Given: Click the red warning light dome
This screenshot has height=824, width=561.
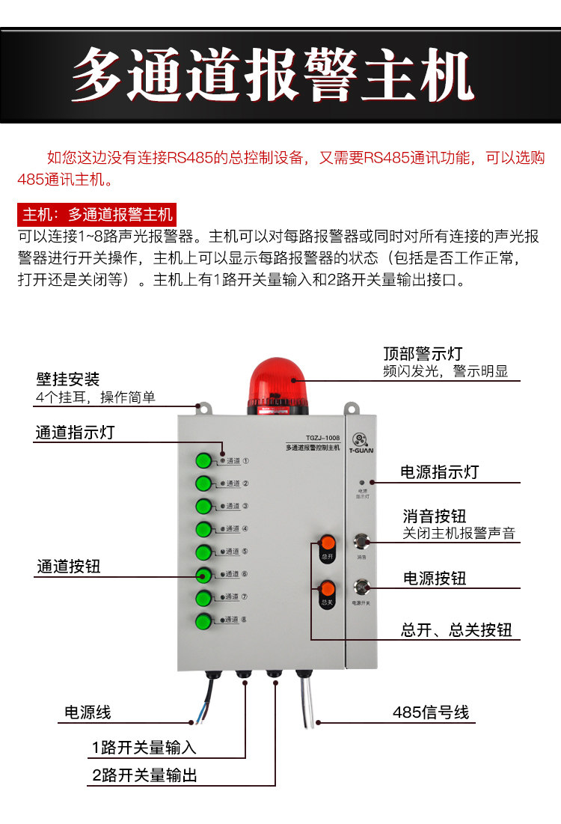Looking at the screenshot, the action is tap(278, 380).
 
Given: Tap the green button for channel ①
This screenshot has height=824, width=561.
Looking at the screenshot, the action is tap(203, 461).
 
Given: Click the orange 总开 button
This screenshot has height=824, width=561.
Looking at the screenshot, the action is tap(327, 544).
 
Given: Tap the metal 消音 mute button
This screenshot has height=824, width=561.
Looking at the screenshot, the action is tap(363, 541).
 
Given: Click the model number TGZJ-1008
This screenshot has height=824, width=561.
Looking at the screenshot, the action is tap(322, 438).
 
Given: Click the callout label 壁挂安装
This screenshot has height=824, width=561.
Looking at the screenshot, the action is tap(68, 379).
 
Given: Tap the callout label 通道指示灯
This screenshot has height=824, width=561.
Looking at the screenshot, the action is tap(75, 433).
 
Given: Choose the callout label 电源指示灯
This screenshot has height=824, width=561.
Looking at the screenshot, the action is tap(439, 472).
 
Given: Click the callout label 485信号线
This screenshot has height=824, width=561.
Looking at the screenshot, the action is tap(431, 712).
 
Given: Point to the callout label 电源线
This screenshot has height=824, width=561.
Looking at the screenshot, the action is tap(88, 712).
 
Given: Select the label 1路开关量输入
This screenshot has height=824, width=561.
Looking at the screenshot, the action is tap(144, 748).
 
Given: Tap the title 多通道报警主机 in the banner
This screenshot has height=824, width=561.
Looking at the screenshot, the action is tap(274, 76).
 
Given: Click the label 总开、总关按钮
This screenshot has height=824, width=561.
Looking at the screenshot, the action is tap(456, 630).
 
